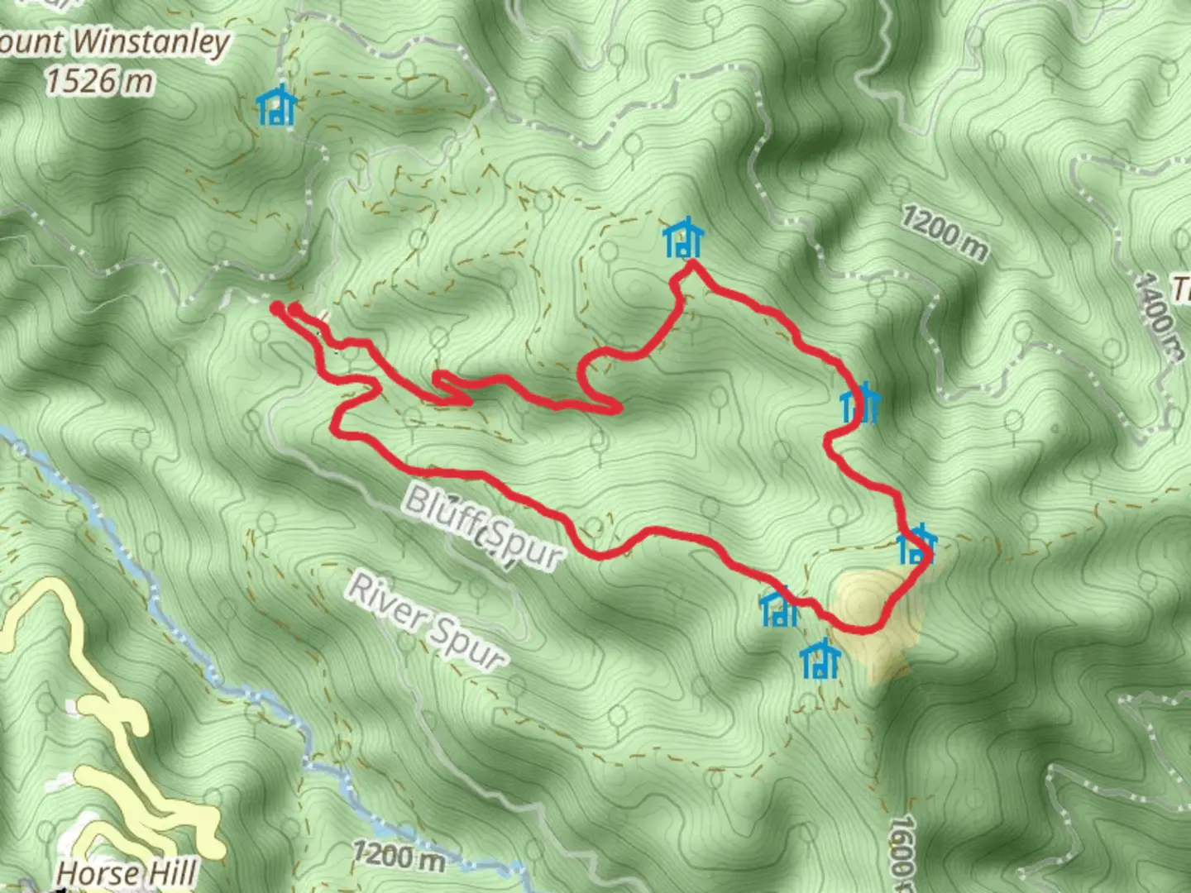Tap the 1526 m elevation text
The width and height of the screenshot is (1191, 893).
click(x=99, y=81)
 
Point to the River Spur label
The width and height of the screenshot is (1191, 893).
click(x=427, y=620)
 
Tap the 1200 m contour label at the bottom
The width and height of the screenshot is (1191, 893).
click(x=398, y=855)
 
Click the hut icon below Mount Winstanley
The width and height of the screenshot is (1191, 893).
click(x=276, y=106)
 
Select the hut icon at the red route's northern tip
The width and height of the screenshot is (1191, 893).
click(x=683, y=239)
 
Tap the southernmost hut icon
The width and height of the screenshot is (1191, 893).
click(x=820, y=659)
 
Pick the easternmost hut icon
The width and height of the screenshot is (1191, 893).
click(x=916, y=545)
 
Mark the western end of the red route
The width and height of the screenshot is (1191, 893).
click(x=276, y=308)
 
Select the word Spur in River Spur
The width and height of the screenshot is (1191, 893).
click(x=467, y=646)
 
